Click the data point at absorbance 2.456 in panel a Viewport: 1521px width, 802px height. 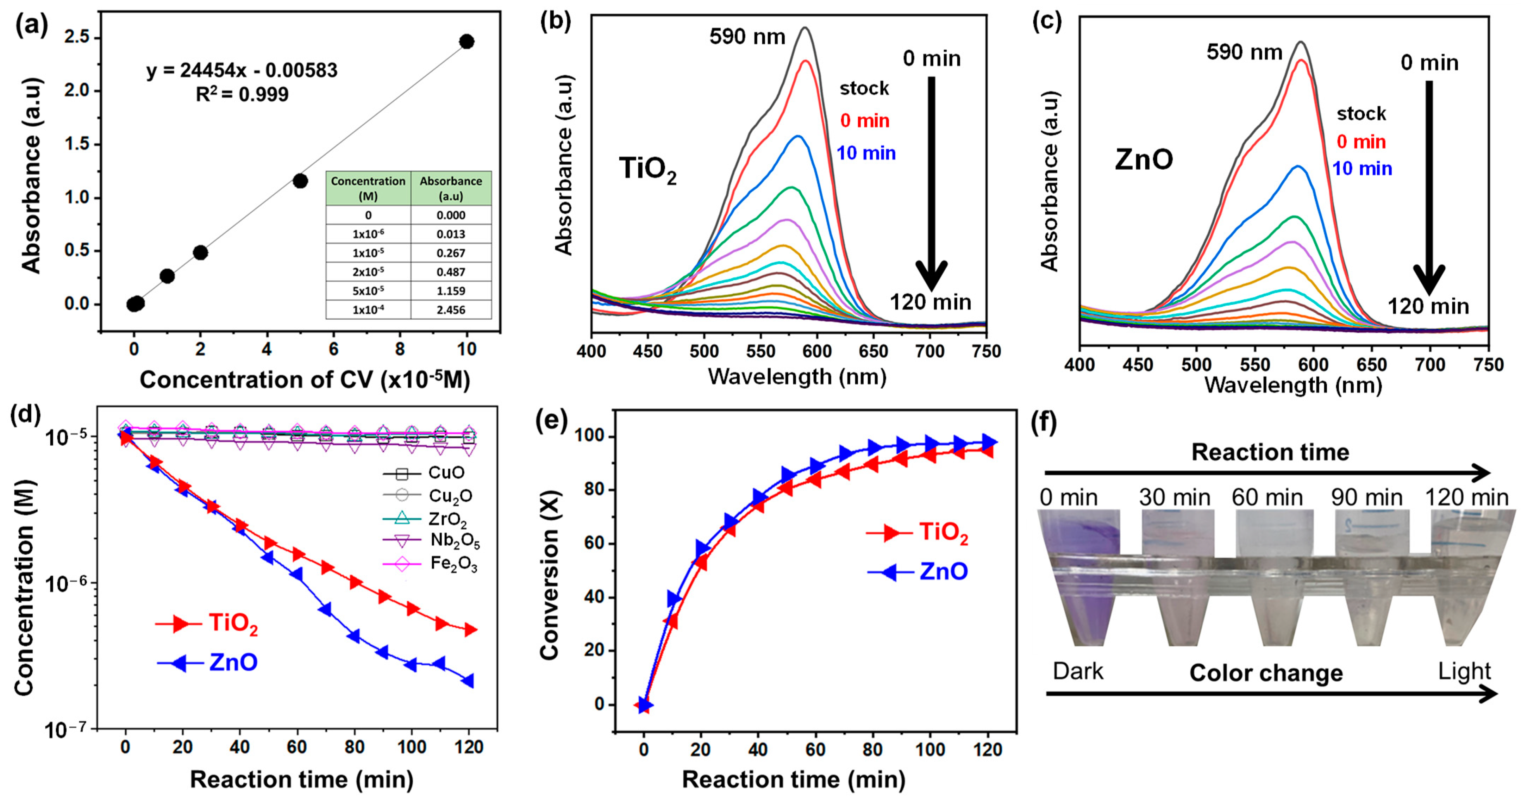467,41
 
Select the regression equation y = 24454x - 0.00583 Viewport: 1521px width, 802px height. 242,70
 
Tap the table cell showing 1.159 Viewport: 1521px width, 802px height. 451,290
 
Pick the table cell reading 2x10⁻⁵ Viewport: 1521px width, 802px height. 368,272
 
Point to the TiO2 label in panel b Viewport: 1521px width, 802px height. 648,169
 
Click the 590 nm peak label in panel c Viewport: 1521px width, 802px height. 1244,52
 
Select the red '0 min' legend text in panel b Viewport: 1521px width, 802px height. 864,120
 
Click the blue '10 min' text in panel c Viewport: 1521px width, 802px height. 1362,169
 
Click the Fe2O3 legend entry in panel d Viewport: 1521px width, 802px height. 453,564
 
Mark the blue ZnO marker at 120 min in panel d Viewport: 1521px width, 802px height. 468,681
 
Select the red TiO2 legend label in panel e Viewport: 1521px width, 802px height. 944,533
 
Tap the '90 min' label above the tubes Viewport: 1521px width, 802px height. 1366,498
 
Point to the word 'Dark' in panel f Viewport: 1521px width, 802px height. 1078,671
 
